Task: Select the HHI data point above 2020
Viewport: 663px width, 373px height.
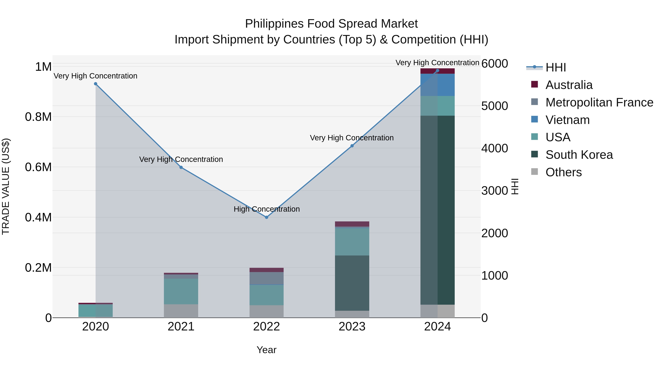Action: click(x=95, y=84)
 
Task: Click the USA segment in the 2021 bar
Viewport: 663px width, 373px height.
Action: click(x=181, y=291)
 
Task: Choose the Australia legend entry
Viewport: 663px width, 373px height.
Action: click(x=569, y=85)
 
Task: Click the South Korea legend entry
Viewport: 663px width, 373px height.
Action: click(x=579, y=155)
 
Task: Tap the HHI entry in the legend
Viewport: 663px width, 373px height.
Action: click(x=555, y=67)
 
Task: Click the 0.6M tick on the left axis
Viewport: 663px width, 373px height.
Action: click(x=38, y=167)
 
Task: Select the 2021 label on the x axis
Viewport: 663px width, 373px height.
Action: click(x=181, y=327)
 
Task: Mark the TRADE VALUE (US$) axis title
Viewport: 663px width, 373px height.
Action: click(x=6, y=186)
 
